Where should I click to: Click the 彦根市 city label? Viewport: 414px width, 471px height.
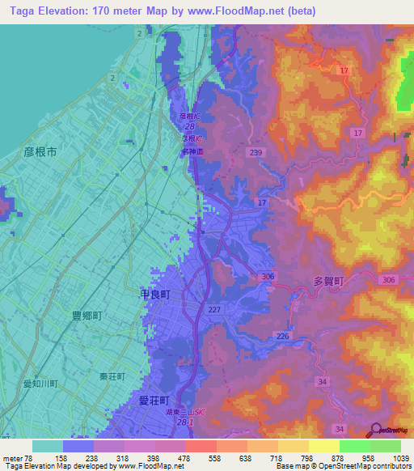[40, 151]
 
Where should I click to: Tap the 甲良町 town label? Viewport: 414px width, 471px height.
[154, 296]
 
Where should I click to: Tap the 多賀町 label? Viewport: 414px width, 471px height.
[329, 281]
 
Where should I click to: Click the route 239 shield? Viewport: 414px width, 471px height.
[257, 152]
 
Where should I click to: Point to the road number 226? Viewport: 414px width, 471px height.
[282, 336]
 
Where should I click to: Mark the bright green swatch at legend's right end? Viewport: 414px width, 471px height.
[386, 446]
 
